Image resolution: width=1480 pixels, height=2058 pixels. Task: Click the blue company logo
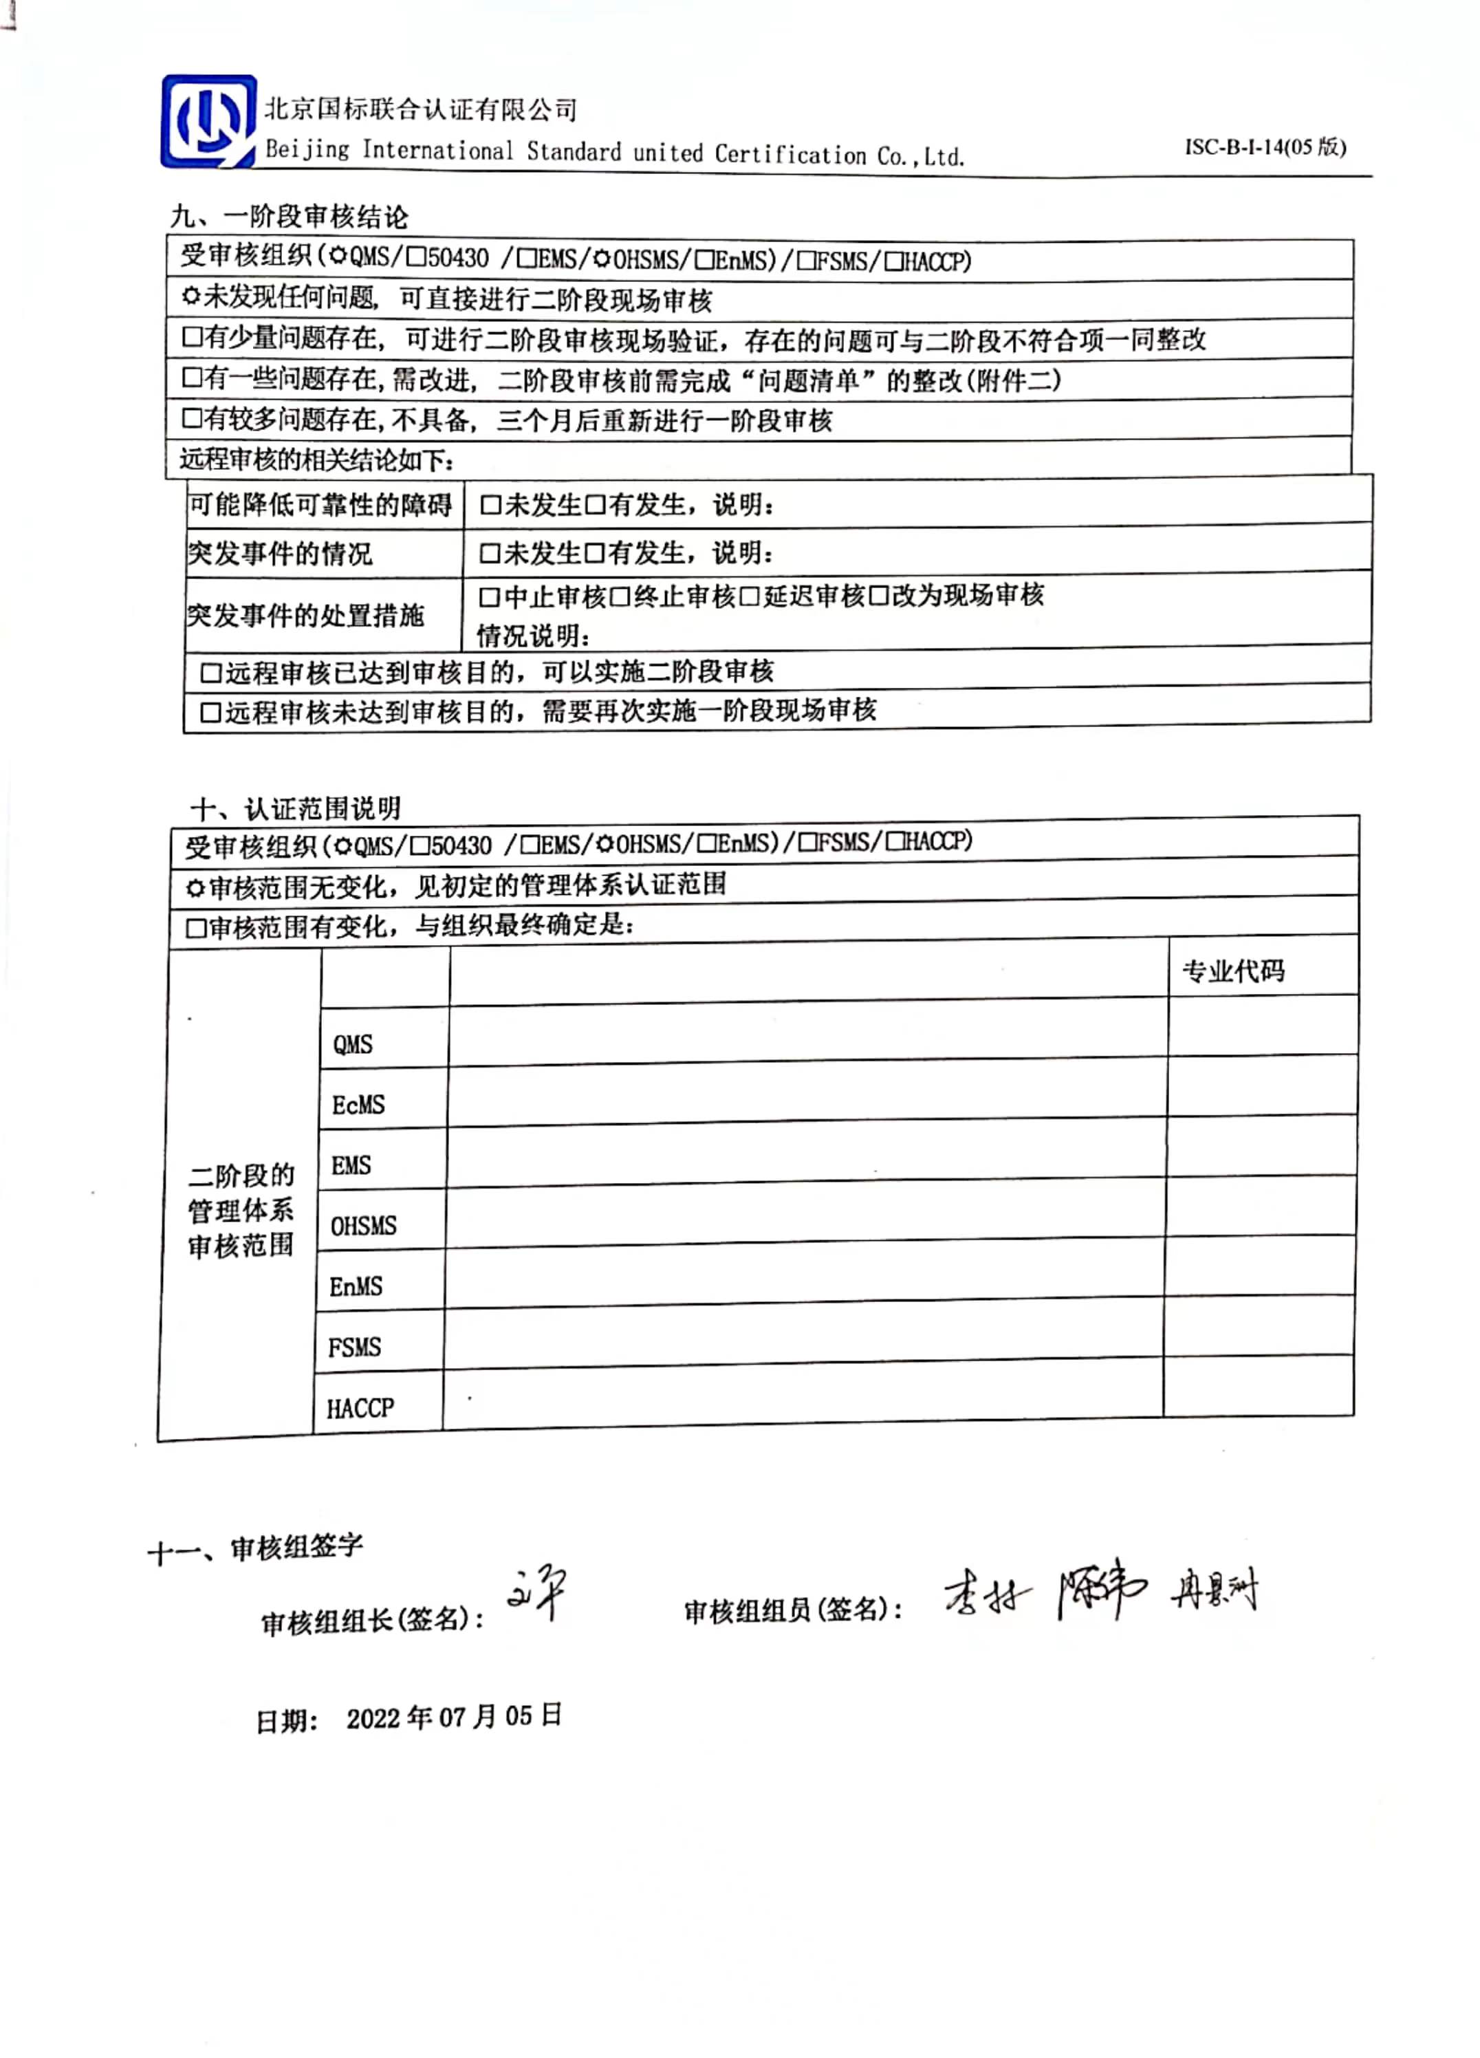208,122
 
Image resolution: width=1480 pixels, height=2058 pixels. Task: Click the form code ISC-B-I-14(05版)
1264,147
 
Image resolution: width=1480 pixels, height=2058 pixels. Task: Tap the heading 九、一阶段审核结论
289,217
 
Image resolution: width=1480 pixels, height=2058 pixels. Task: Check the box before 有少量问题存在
191,338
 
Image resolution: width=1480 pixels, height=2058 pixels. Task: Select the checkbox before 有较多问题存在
191,418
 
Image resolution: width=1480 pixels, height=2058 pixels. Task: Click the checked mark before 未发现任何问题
191,296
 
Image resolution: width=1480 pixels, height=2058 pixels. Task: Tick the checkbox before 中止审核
489,597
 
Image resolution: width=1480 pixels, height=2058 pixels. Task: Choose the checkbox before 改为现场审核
878,596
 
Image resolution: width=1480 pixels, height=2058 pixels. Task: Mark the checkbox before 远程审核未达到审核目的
210,713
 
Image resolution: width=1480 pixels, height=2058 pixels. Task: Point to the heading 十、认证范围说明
295,808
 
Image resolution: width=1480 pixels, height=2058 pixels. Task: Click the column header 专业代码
1232,971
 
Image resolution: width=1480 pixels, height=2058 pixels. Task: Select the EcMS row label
358,1105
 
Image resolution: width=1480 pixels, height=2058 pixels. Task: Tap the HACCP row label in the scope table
360,1408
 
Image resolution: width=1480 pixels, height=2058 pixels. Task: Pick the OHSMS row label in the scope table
363,1226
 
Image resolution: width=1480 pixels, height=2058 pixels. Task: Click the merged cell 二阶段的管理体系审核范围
241,1211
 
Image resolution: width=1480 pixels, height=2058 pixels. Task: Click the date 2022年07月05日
454,1717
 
